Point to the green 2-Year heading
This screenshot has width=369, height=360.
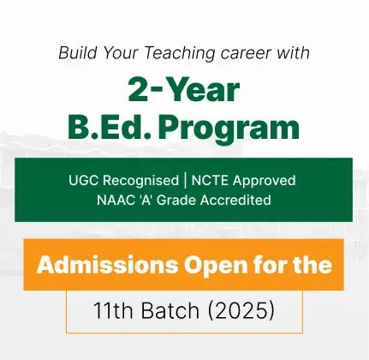point(184,90)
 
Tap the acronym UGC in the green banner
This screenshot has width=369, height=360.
point(84,180)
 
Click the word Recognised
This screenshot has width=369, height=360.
point(140,181)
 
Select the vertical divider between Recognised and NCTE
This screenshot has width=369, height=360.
point(185,181)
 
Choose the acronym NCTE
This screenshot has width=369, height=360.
point(210,180)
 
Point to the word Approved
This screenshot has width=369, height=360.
point(264,181)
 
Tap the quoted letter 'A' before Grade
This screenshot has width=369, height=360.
point(146,200)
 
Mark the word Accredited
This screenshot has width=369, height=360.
point(235,200)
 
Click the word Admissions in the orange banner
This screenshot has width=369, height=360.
point(107,265)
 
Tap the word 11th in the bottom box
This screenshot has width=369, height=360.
point(113,310)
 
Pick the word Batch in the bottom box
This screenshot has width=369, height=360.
point(170,310)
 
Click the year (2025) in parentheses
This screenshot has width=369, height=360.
point(241,311)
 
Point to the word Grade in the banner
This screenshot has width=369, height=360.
point(176,200)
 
